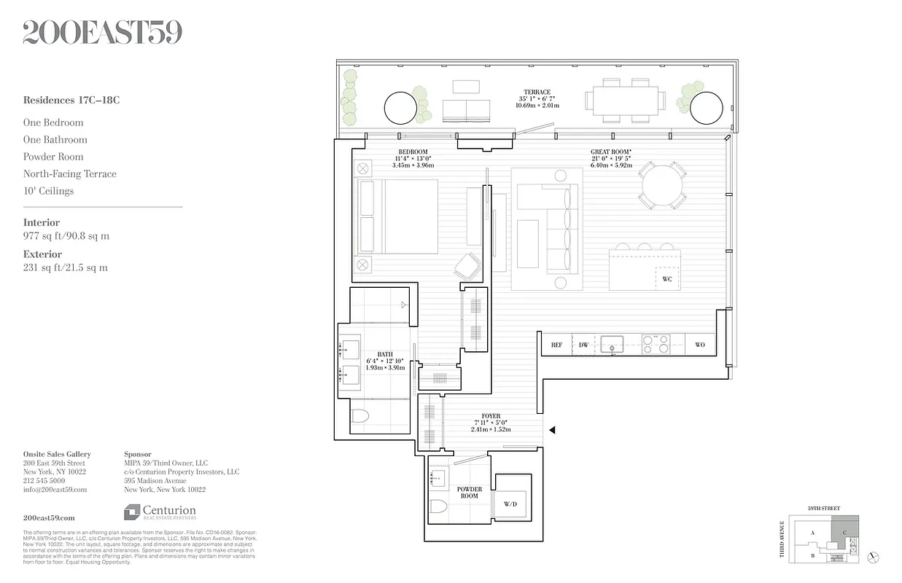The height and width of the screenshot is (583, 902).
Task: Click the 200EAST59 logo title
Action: pos(103,33)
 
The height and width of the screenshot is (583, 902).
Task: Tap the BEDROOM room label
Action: pos(413,152)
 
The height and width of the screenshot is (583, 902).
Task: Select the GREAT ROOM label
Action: pos(610,152)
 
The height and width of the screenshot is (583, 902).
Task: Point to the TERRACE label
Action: pos(537,93)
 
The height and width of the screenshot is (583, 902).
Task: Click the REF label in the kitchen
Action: pos(556,345)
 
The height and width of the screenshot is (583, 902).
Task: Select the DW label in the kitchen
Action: pos(583,345)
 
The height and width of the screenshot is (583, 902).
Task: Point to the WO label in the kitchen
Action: pos(699,345)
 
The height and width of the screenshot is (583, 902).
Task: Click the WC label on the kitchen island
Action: pos(666,279)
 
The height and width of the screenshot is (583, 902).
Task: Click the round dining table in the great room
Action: pos(662,185)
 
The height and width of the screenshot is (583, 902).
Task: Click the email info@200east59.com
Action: pos(55,490)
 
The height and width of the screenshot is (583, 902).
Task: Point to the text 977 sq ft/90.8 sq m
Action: pos(66,236)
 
